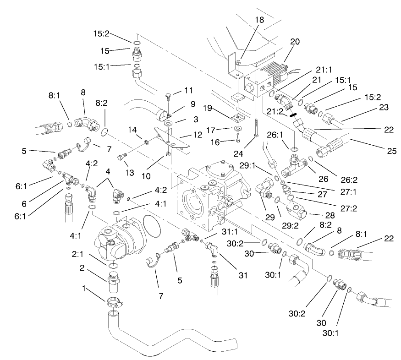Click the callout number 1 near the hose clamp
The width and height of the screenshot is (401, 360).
tap(84, 290)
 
